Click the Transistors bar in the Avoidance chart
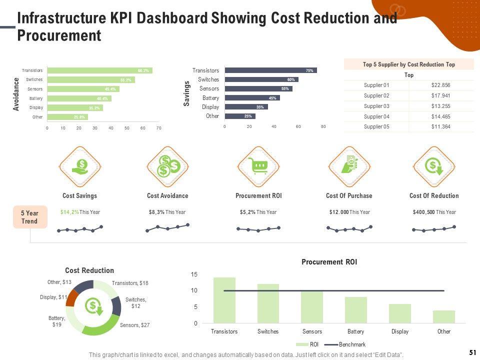pyautogui.click(x=99, y=70)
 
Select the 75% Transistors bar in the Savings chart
pyautogui.click(x=270, y=70)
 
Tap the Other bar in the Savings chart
pyautogui.click(x=240, y=116)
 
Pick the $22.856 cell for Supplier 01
pyautogui.click(x=440, y=85)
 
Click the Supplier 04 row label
pyautogui.click(x=376, y=116)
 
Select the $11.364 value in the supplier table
pyautogui.click(x=440, y=127)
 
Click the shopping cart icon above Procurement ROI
pyautogui.click(x=258, y=166)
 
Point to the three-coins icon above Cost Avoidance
pyautogui.click(x=168, y=166)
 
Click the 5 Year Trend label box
pyautogui.click(x=30, y=216)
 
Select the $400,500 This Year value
pyautogui.click(x=434, y=212)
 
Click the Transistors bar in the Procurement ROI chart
pyautogui.click(x=224, y=300)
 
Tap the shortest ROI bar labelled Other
pyautogui.click(x=444, y=317)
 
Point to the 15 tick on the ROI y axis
pyautogui.click(x=194, y=274)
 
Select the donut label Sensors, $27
pyautogui.click(x=135, y=325)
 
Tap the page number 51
pyautogui.click(x=471, y=352)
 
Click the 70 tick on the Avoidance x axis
pyautogui.click(x=158, y=128)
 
